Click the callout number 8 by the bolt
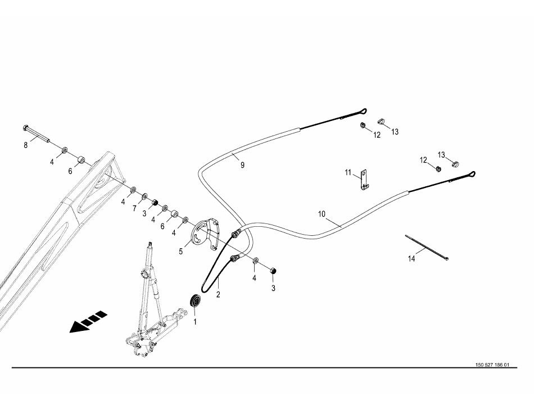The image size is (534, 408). pos(25,145)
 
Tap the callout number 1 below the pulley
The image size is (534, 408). pos(195,322)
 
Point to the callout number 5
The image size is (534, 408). pos(180,252)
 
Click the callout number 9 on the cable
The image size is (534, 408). pos(242,165)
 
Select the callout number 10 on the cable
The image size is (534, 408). pos(322,214)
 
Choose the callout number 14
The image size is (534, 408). pos(412,258)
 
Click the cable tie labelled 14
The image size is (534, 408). pos(426,246)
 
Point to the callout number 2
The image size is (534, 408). pos(218,294)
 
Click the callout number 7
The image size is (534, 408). pos(134,208)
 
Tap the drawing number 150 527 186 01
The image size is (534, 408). pos(492,365)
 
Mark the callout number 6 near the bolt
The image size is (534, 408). pos(71,171)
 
